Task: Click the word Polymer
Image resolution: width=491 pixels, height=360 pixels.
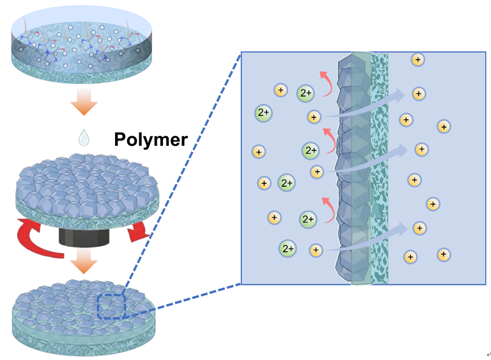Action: (151, 140)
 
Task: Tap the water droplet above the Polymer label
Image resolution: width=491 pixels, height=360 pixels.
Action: (83, 137)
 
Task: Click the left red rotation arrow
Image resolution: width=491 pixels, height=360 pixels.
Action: (38, 236)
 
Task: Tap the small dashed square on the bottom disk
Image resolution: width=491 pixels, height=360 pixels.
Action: (110, 305)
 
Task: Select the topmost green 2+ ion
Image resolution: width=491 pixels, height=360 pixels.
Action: (306, 93)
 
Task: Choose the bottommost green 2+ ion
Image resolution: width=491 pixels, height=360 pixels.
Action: (288, 248)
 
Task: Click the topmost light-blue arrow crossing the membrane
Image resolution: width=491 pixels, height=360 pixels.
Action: (369, 103)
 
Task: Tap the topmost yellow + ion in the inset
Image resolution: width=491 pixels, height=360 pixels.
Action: (417, 59)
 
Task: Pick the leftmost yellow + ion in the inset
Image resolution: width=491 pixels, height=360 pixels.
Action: (259, 151)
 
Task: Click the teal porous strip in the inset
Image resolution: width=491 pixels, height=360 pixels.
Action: (379, 169)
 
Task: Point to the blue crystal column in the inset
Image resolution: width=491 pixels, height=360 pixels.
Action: (352, 169)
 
